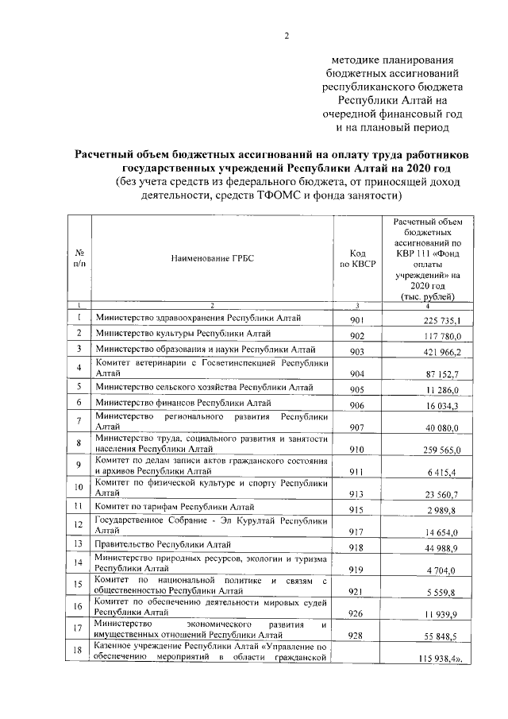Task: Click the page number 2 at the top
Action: pos(287,35)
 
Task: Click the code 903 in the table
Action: pos(357,352)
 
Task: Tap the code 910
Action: pos(357,449)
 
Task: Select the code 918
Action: pos(357,549)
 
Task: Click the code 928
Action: pos(357,638)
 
